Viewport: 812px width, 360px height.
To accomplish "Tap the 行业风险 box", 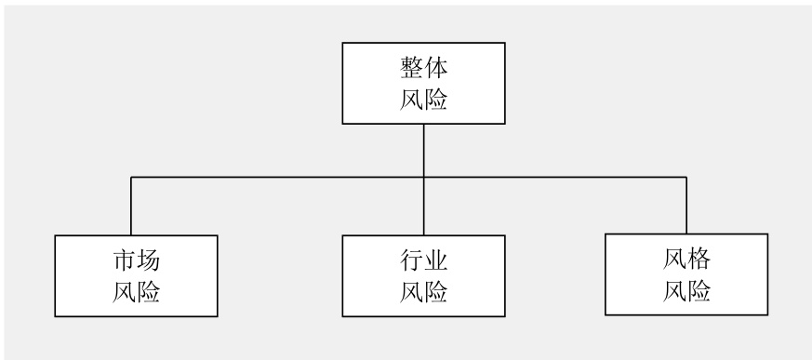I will click(424, 275).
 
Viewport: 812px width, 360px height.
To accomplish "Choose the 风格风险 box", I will click(687, 274).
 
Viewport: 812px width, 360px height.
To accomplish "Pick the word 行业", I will click(424, 261).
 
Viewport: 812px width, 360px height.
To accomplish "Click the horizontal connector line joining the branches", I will click(279, 177).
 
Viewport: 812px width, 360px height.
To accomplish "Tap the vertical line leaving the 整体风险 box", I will click(424, 149).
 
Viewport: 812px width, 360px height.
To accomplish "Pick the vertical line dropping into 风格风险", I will click(687, 205).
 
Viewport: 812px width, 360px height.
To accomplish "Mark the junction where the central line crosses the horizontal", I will click(424, 177).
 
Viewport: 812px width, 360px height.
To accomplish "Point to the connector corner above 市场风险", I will click(131, 177).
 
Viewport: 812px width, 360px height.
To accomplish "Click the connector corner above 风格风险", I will click(687, 177).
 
